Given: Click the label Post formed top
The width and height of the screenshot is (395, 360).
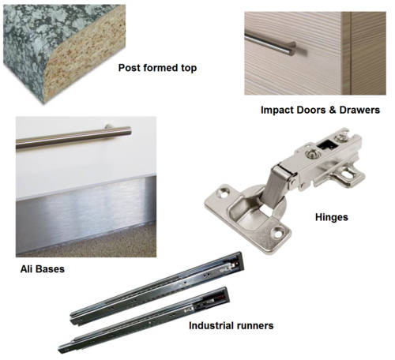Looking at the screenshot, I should tap(156, 69).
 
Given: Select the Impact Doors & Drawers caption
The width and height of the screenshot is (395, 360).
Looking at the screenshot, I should tap(320, 110).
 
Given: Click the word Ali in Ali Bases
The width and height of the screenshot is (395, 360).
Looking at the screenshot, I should tap(28, 270).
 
